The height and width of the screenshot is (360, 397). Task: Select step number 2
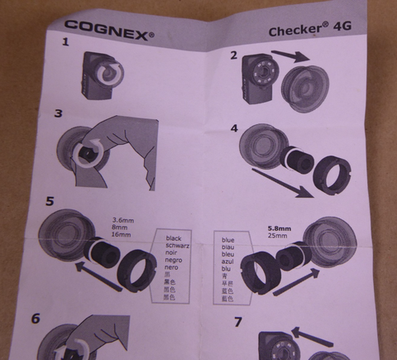point(235,55)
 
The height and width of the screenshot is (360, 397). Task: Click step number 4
point(234,129)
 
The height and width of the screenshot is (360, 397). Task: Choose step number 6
point(37,317)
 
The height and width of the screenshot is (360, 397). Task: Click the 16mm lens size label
point(122,236)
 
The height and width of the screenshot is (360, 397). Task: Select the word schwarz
point(179,247)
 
